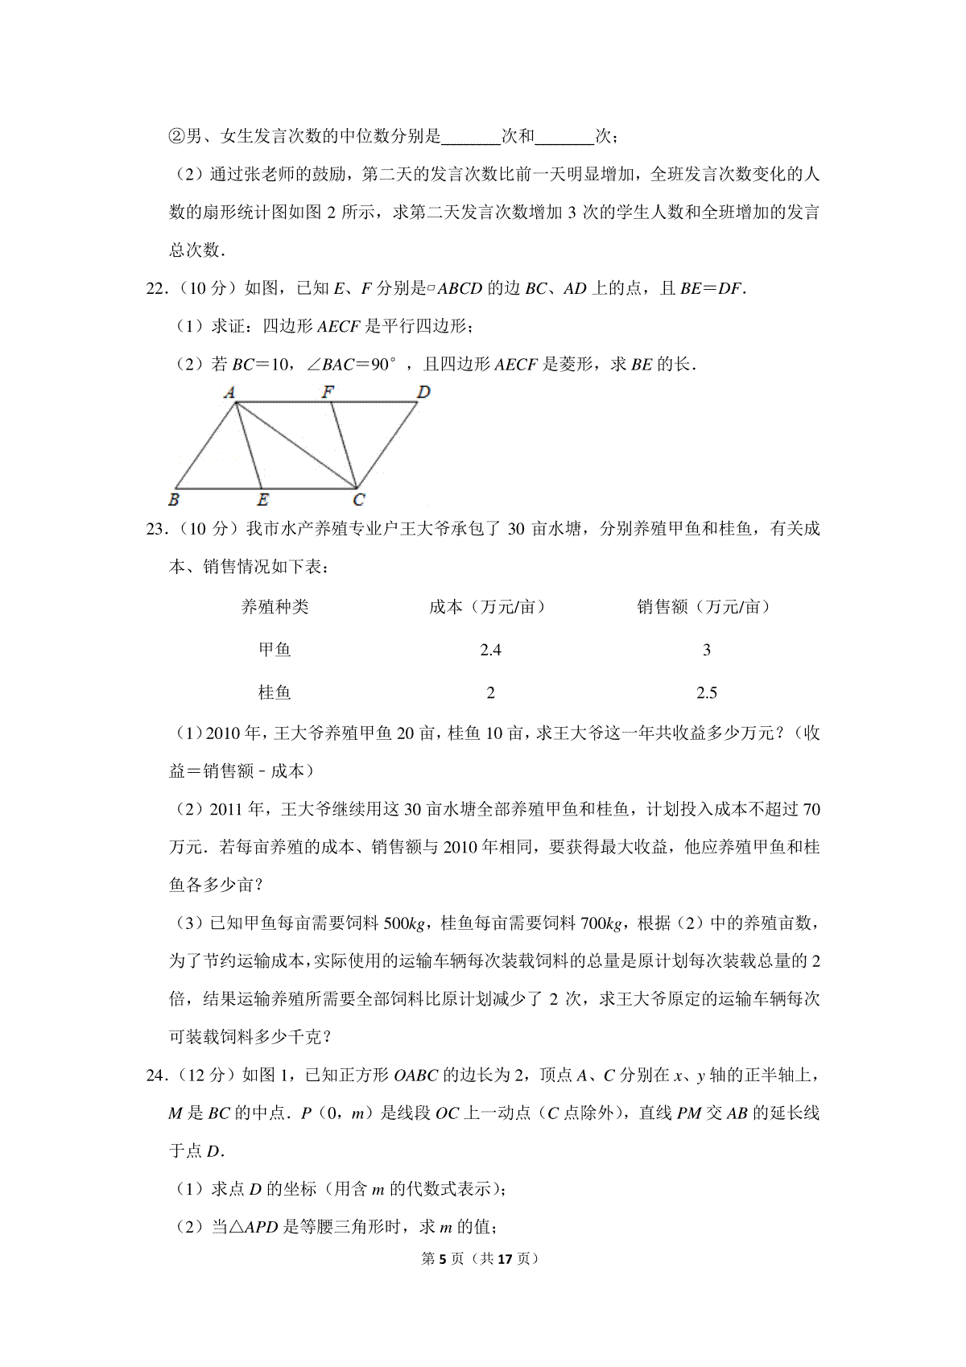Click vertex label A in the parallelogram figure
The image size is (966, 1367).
tap(229, 393)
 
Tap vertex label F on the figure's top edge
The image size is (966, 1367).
tap(328, 392)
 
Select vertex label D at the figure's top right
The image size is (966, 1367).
tap(423, 392)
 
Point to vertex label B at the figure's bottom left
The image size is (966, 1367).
tap(174, 499)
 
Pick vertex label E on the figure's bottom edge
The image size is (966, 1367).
tap(262, 500)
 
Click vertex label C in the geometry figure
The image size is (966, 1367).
tap(359, 500)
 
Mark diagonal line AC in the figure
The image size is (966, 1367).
tap(295, 444)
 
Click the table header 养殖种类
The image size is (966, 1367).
tap(275, 607)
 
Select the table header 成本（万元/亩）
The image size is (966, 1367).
tap(487, 607)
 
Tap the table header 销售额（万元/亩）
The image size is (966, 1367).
tap(704, 607)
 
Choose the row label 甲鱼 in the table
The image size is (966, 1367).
tap(275, 650)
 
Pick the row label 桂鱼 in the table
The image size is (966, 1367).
tap(275, 692)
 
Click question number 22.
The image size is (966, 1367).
tap(156, 289)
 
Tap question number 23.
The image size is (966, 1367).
tap(156, 529)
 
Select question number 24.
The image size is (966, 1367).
tap(156, 1076)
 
